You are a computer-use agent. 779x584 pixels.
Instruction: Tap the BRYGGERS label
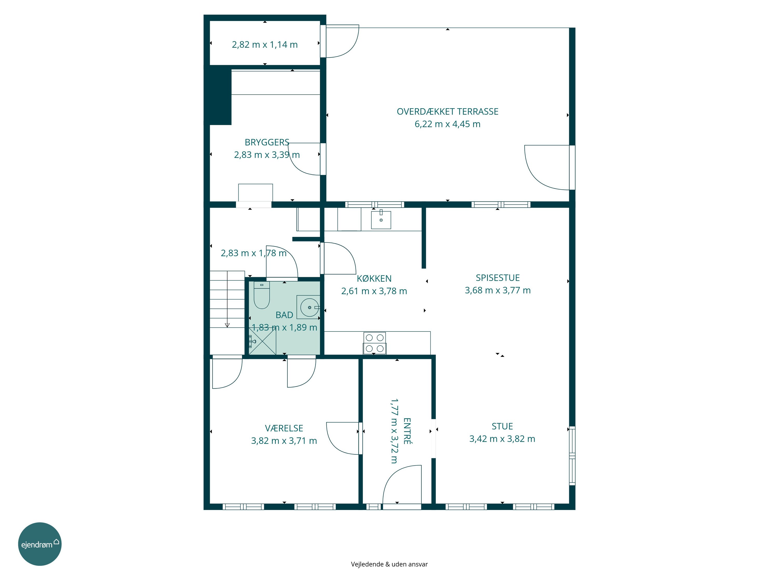267,142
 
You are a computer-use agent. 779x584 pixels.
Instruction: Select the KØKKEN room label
374,279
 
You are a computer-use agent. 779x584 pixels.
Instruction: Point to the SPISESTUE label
498,278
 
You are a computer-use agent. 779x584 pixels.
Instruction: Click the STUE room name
502,426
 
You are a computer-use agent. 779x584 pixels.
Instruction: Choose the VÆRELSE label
284,428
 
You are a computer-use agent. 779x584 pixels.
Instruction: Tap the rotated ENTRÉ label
407,431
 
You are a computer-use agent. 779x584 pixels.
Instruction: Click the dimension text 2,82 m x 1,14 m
265,45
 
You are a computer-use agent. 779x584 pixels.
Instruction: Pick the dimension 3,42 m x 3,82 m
502,439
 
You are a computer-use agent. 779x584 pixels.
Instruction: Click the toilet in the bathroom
262,295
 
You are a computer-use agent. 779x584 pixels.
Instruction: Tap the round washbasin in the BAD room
310,307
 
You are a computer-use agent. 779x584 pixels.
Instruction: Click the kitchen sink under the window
381,219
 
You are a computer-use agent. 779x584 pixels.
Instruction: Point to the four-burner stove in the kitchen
375,343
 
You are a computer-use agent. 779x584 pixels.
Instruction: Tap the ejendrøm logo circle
40,544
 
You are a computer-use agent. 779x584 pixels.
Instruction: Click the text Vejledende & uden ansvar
389,564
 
